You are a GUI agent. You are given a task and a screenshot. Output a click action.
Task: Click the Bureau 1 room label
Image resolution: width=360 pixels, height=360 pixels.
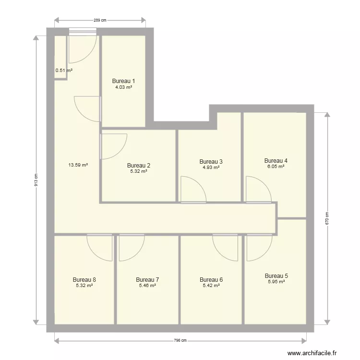tap(123, 81)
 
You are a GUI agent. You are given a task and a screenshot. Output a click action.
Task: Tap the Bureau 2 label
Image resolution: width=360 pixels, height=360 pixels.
tap(139, 165)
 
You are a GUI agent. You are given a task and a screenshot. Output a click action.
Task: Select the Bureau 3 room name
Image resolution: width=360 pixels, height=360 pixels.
tap(211, 161)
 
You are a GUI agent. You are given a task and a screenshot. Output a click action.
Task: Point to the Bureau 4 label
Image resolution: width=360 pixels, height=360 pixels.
tap(276, 160)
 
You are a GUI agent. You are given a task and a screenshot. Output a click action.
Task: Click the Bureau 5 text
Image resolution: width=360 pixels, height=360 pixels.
tap(276, 276)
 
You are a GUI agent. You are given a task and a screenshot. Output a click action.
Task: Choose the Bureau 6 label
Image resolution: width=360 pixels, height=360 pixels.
tap(211, 279)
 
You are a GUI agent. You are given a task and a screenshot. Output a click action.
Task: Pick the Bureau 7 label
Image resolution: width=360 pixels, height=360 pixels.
tap(147, 279)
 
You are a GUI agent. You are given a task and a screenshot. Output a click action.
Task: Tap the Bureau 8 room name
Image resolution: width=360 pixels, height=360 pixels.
tap(84, 279)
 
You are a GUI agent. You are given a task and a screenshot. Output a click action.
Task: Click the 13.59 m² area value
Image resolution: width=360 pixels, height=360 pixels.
tap(78, 165)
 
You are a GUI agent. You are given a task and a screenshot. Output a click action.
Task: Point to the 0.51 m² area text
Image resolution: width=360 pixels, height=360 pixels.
tap(64, 71)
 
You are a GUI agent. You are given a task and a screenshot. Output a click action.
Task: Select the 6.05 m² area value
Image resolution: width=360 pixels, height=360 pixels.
tap(276, 167)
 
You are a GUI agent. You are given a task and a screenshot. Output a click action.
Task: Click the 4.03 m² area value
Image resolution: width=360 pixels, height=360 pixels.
tap(123, 87)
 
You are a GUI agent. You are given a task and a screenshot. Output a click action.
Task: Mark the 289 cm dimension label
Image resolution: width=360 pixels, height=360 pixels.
tap(99, 20)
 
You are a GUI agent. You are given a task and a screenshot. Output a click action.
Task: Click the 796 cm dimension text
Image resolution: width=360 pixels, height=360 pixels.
tap(180, 341)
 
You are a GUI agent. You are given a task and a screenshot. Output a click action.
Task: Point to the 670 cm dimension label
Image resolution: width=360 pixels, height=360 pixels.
tap(328, 218)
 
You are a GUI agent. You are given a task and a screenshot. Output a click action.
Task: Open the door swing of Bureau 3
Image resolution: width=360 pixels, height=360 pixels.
tap(194, 189)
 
